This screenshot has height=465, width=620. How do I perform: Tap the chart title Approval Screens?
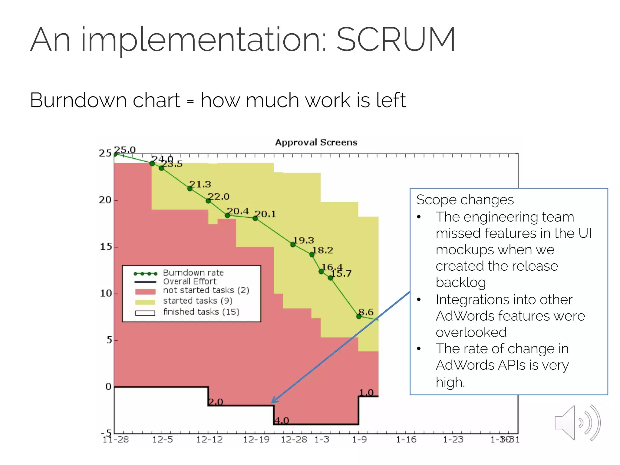click(x=316, y=142)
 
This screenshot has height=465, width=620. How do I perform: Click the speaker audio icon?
click(x=577, y=423)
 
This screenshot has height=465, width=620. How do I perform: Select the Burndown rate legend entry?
click(x=193, y=273)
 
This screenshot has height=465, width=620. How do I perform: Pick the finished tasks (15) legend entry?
click(x=201, y=312)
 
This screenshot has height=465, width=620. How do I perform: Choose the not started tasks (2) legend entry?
click(x=206, y=290)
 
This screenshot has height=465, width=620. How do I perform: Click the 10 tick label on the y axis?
click(x=106, y=293)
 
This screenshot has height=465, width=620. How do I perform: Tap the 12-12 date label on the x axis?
click(x=209, y=440)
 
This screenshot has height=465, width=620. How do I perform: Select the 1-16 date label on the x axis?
click(x=406, y=440)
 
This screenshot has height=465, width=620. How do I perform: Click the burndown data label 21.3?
click(x=200, y=184)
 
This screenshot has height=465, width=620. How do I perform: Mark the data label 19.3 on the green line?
click(x=304, y=240)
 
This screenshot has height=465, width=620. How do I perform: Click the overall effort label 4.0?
click(x=282, y=420)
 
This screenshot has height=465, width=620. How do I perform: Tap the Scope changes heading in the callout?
click(x=465, y=200)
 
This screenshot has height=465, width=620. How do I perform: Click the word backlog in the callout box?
click(x=460, y=282)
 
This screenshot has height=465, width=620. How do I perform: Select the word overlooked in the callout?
click(x=471, y=332)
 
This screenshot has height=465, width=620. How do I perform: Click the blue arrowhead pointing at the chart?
click(x=273, y=401)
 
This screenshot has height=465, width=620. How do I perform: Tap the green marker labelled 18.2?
click(x=312, y=255)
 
